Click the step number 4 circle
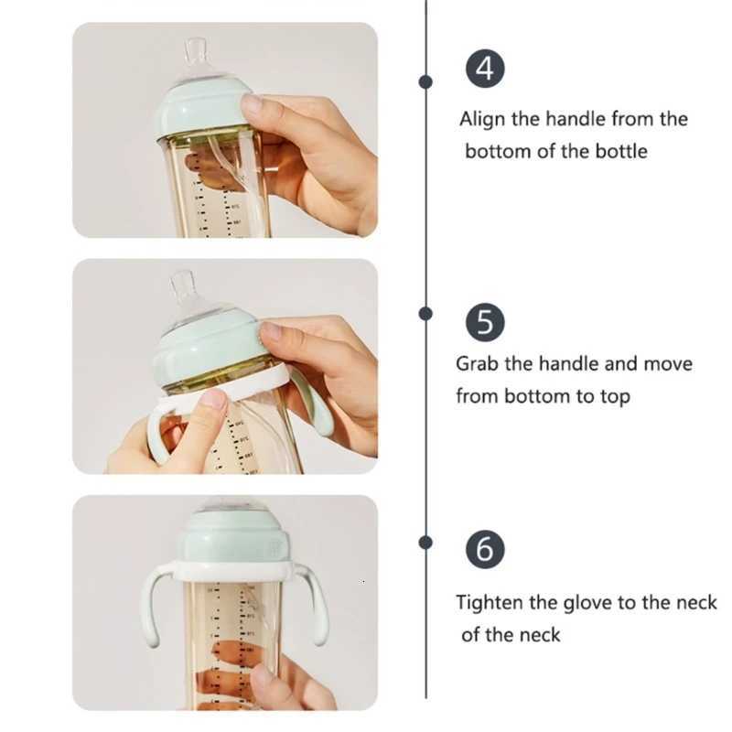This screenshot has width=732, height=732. (486, 70)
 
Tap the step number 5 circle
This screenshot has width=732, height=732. (486, 323)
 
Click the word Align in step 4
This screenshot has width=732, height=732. (481, 119)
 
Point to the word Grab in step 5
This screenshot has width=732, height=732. (478, 363)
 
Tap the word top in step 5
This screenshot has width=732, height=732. (612, 396)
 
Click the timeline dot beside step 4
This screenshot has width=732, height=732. (425, 81)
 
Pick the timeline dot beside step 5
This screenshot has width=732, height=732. (425, 314)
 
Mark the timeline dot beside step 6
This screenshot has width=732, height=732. (425, 543)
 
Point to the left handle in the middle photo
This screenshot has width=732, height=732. (156, 435)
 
